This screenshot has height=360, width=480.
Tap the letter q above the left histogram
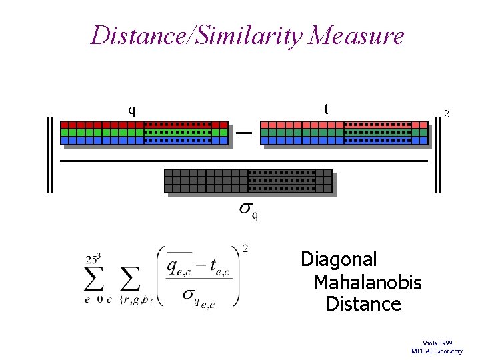132,109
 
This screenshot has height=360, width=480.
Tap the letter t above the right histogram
326,108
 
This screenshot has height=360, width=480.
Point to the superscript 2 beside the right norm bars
447,115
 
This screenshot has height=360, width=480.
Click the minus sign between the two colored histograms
244,133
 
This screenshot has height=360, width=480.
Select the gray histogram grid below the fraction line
248,181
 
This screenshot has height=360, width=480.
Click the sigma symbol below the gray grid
246,210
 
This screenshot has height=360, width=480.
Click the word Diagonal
339,259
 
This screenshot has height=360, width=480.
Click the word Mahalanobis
367,282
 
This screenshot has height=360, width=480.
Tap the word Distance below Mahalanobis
363,305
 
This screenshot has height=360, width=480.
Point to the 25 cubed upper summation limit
93,258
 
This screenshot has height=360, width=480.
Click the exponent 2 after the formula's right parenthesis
246,249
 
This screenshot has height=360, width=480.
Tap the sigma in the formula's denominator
189,294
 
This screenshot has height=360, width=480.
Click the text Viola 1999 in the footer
437,343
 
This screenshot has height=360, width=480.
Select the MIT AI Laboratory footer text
437,351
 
